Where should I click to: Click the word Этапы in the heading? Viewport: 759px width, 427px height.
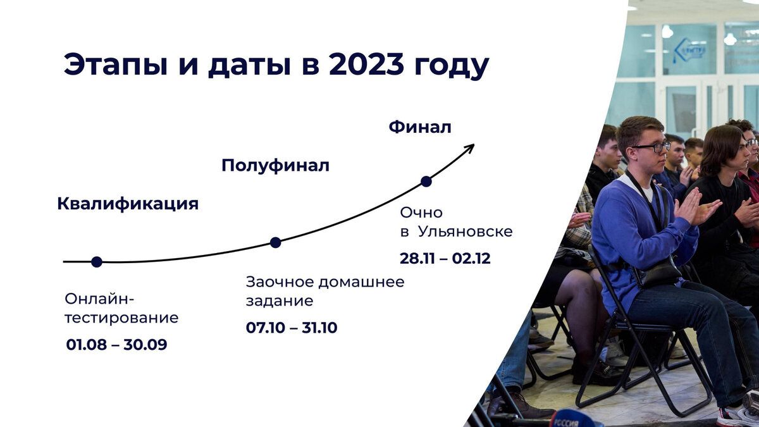116,65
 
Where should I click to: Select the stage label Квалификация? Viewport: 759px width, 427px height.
128,204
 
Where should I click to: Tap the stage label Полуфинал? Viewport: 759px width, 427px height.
275,166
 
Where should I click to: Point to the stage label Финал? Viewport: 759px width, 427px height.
420,127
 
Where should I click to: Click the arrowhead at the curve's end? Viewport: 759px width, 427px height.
469,148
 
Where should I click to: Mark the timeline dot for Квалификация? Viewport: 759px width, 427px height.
97,262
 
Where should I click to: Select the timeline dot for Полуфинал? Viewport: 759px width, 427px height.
276,243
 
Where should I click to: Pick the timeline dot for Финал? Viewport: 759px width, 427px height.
426,182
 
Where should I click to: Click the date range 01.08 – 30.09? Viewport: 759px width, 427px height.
116,345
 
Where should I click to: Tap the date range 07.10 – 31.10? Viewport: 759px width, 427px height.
292,328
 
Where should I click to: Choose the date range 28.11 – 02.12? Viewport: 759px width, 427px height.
445,259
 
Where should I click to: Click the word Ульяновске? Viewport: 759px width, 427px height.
466,232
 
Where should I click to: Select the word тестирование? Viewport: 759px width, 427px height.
121,318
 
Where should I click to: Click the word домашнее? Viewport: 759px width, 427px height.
361,282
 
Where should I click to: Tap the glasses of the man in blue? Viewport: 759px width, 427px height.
651,147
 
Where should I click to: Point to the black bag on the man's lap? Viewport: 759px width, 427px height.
660,273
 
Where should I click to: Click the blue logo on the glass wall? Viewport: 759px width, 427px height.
689,51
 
